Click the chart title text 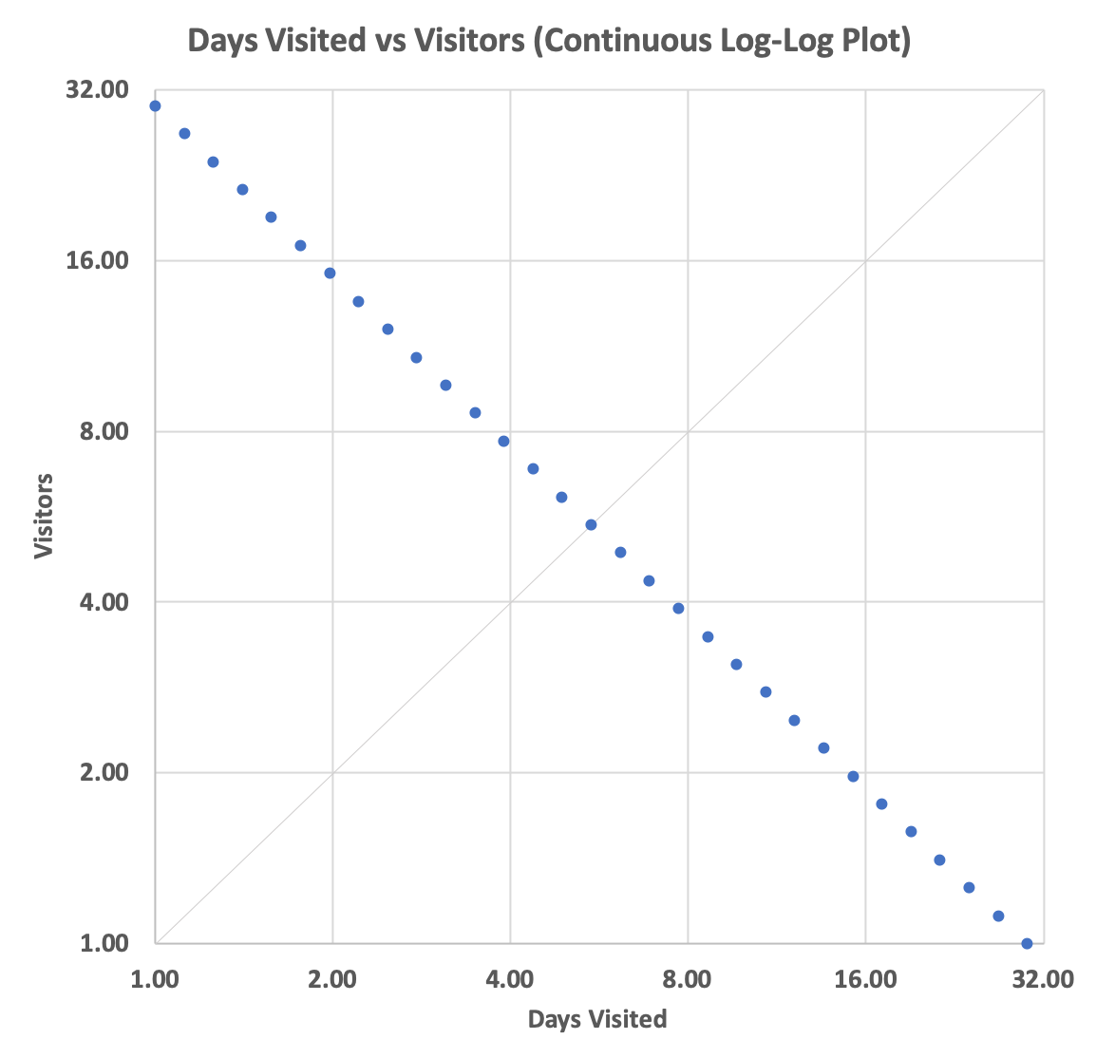(x=549, y=42)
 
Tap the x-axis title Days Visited (x=597, y=1020)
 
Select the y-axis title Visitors (x=44, y=517)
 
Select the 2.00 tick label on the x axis (x=332, y=979)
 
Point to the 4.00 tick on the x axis (x=510, y=979)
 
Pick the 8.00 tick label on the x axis (x=688, y=979)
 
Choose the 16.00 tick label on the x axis (x=865, y=979)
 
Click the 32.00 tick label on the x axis (x=1042, y=979)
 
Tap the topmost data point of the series (x=155, y=106)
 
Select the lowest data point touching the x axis (x=1027, y=943)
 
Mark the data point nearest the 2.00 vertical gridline (x=330, y=274)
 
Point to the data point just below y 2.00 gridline (x=853, y=777)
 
